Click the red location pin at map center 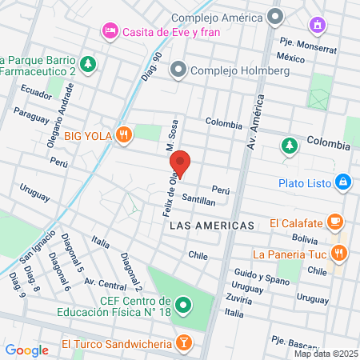tap(181, 163)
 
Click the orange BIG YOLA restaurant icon tap(122, 134)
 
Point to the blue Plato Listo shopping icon tap(342, 182)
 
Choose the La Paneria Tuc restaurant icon tap(340, 254)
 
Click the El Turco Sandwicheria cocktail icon tap(185, 343)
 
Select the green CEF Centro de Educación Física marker tap(183, 305)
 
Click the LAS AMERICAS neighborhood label tap(212, 226)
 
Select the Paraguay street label tap(31, 118)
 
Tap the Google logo tap(27, 350)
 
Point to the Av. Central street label tap(105, 283)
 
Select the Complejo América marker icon tap(276, 16)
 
